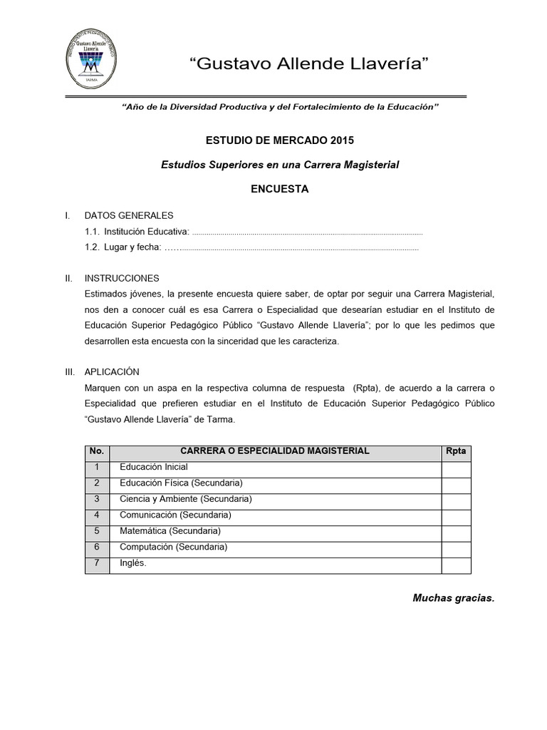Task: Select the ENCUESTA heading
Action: (x=280, y=189)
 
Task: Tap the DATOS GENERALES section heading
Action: (x=128, y=215)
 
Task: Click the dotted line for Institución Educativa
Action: (x=308, y=232)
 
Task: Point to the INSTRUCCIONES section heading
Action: (x=122, y=278)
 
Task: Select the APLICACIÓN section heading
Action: (x=112, y=372)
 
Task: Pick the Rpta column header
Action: (x=456, y=451)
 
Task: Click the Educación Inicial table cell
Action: (x=154, y=467)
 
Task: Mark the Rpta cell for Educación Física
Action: (x=456, y=483)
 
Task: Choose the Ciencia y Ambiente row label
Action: (x=186, y=499)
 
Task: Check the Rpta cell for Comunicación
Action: (x=456, y=515)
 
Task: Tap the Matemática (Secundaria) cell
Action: (x=170, y=531)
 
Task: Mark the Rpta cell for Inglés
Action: (x=456, y=564)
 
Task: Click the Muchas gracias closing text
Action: (x=453, y=598)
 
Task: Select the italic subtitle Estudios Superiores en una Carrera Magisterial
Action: (x=280, y=165)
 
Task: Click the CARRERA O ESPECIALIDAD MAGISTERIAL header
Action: (x=275, y=451)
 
